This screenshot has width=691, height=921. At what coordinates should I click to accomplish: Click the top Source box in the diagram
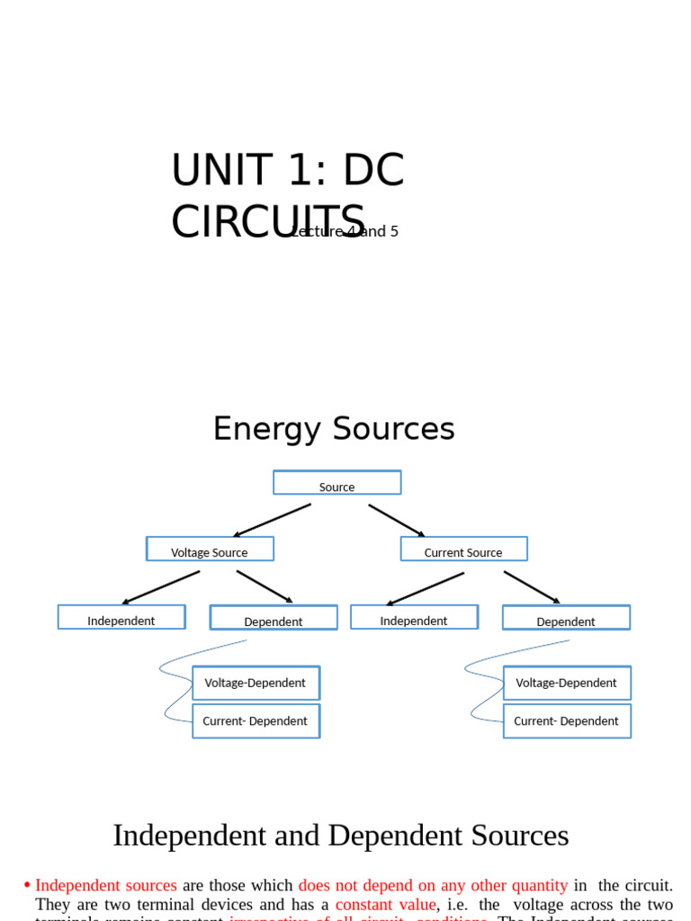point(337,483)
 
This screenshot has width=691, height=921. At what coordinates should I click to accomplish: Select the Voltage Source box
point(210,550)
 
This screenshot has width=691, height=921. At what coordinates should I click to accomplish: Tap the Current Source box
point(463,550)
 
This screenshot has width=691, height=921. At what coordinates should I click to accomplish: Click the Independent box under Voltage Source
point(121,618)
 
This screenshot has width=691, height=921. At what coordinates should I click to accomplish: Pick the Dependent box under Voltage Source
point(274,619)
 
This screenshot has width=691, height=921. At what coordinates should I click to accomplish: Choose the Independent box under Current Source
point(414,618)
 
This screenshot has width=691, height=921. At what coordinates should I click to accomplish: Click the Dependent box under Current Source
point(566,619)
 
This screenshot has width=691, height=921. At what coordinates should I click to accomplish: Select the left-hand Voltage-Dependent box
point(256,683)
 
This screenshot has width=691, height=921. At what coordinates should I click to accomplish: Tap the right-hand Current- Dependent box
point(567,721)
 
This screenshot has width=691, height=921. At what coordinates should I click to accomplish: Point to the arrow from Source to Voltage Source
point(272,521)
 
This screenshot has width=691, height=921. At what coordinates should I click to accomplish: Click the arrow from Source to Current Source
point(397,521)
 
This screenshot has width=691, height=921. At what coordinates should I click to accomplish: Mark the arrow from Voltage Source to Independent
point(161,587)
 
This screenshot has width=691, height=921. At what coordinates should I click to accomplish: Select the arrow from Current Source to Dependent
point(532,587)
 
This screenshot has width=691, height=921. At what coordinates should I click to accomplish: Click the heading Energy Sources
point(334,429)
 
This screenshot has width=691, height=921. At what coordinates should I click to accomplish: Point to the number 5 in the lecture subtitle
point(393,232)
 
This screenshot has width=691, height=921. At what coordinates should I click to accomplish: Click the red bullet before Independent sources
point(27,886)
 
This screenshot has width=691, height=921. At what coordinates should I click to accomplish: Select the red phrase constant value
point(385,905)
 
